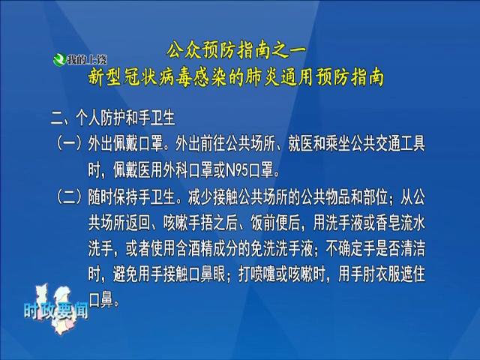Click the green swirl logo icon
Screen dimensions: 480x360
59,60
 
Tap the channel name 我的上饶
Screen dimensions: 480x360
87,60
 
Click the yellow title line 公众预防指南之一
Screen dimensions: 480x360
236,50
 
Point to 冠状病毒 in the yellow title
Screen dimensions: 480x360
157,78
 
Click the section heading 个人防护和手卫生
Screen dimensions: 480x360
125,118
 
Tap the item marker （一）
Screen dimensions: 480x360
70,143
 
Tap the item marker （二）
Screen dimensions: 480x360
70,197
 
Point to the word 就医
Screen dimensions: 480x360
301,143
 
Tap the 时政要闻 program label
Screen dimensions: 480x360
56,311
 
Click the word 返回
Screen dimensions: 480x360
138,223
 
